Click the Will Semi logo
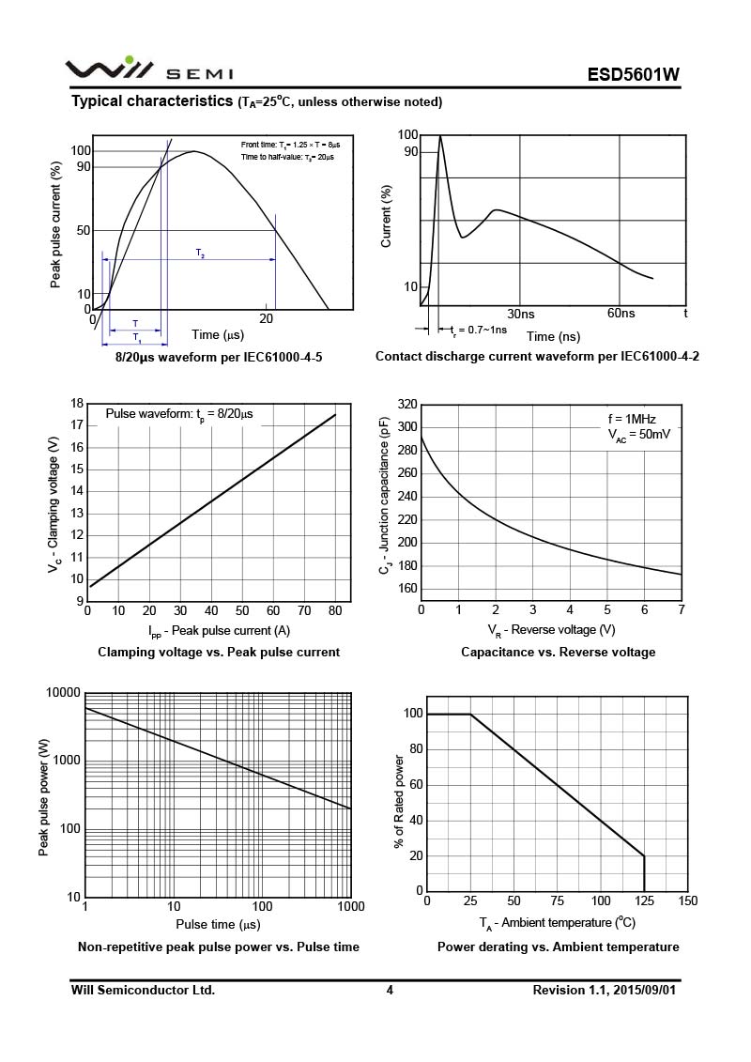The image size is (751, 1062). click(x=148, y=70)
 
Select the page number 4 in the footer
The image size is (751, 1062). click(x=390, y=990)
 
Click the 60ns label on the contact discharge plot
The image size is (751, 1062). click(x=621, y=314)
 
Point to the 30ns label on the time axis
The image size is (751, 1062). click(x=521, y=314)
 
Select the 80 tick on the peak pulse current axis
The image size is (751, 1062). click(x=335, y=611)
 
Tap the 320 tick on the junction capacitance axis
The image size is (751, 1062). click(x=406, y=404)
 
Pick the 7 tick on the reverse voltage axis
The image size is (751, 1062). click(x=682, y=610)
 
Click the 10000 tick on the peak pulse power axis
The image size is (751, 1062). click(x=63, y=692)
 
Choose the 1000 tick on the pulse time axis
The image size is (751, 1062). click(x=350, y=906)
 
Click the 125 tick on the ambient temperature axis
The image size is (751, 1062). click(x=644, y=901)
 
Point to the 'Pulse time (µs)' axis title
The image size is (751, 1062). click(x=218, y=925)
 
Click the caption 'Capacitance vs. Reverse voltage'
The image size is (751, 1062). click(x=558, y=652)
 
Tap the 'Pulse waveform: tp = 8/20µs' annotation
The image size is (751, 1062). click(x=178, y=414)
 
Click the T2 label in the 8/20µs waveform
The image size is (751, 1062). click(x=201, y=254)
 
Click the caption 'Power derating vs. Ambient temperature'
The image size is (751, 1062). click(x=558, y=947)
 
